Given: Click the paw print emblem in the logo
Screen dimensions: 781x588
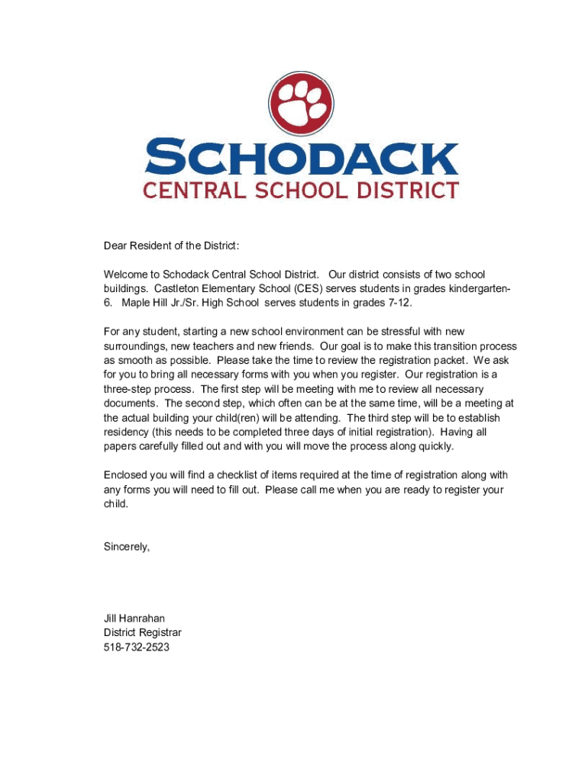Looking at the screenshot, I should click(x=302, y=107).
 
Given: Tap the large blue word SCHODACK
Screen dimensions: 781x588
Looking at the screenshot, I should click(x=302, y=157).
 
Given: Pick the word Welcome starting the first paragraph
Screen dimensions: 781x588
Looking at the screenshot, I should click(x=126, y=275).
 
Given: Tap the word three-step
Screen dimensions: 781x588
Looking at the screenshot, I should click(x=130, y=389).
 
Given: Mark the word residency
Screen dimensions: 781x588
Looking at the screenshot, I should click(x=128, y=432).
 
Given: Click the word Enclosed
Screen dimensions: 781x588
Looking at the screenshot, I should click(x=127, y=475).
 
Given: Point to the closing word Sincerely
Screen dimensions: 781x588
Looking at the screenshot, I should click(x=127, y=547).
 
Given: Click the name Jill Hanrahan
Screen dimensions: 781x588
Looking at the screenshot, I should click(x=134, y=619).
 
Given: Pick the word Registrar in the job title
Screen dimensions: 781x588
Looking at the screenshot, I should click(x=160, y=633).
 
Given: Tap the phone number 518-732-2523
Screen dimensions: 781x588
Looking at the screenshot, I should click(x=137, y=648).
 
